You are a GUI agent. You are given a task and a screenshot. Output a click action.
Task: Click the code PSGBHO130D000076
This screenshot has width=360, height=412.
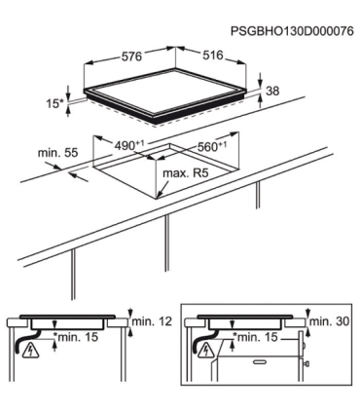click(x=292, y=31)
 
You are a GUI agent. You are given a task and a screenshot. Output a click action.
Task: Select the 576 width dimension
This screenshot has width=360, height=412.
click(x=131, y=56)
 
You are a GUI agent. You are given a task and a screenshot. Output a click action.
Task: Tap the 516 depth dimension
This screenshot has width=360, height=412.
click(x=213, y=56)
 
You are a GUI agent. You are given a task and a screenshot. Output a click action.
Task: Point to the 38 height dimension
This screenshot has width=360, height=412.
click(x=272, y=91)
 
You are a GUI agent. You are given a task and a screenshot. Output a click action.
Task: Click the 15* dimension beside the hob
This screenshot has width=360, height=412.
click(x=54, y=104)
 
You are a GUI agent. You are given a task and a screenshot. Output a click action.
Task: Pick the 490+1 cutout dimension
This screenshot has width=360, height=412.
click(x=129, y=145)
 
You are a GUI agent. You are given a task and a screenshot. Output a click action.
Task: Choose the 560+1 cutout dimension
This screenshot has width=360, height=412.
click(x=212, y=146)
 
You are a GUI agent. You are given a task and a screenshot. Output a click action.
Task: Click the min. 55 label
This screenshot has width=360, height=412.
click(x=58, y=153)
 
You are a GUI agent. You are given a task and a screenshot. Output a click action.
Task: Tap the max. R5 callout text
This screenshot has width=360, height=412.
click(x=185, y=173)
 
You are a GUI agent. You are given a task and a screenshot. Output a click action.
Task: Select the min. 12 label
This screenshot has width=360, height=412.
click(x=152, y=321)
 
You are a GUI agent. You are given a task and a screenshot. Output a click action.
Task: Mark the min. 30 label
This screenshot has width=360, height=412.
click(x=330, y=321)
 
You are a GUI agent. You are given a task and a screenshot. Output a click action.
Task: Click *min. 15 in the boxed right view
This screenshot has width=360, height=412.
click(x=257, y=337)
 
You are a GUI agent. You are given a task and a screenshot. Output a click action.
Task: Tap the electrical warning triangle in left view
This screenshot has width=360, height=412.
click(x=31, y=351)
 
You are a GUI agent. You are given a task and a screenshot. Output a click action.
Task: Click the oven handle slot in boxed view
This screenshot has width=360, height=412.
click(x=262, y=361)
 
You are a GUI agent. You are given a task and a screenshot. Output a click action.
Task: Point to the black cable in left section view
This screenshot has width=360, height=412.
click(x=25, y=339)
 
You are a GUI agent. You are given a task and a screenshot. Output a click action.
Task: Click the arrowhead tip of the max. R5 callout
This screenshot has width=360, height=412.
click(x=157, y=198)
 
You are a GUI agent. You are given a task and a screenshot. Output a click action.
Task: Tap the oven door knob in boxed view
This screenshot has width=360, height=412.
click(x=306, y=363)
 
